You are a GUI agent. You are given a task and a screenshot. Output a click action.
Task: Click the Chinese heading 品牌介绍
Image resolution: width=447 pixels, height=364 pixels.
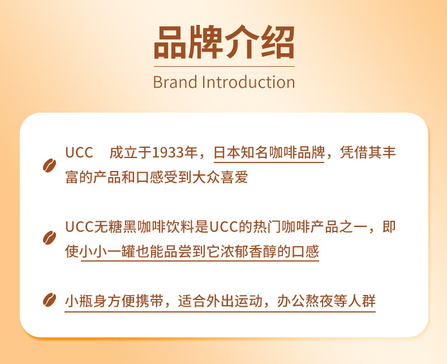coord(224,42)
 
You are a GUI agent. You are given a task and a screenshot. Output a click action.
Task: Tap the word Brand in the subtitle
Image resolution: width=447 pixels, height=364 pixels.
coord(175,82)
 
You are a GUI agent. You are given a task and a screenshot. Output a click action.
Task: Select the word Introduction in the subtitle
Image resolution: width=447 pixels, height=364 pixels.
coord(248,82)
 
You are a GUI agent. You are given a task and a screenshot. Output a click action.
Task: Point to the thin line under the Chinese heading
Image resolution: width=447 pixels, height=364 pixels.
coord(224,66)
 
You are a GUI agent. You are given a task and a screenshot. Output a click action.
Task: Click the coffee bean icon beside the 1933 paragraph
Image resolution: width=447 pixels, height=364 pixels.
coord(49,165)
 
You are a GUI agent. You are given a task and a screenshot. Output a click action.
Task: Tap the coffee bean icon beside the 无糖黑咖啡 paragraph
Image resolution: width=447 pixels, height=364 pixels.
coord(49,238)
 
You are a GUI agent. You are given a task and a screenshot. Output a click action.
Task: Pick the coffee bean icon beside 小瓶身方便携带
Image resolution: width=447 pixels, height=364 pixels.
coord(49,300)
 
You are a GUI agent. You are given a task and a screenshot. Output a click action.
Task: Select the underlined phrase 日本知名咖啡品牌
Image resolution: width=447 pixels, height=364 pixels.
coord(269,153)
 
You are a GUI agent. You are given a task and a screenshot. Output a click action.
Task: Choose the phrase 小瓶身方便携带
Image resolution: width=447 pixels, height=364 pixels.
coord(114,301)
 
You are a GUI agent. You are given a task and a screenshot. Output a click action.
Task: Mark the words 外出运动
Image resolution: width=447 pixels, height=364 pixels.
coord(234,301)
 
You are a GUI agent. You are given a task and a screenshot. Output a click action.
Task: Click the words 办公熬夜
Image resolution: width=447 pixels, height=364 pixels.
coord(305,301)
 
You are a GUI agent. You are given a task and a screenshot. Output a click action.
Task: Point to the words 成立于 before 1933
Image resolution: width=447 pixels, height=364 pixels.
coord(130,153)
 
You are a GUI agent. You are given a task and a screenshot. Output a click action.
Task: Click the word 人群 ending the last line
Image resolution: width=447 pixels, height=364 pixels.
coord(362,301)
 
